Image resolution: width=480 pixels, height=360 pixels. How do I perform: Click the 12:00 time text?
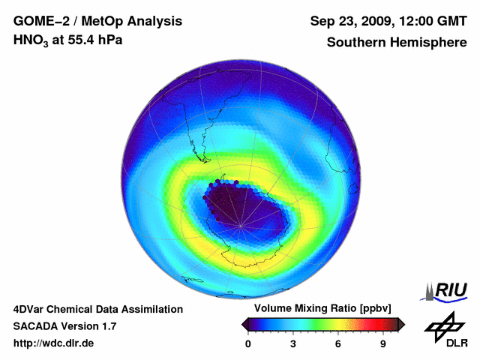pyautogui.click(x=412, y=22)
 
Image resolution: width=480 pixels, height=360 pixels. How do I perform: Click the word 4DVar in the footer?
pyautogui.click(x=31, y=309)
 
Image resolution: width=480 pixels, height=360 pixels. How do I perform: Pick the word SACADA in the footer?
pyautogui.click(x=37, y=326)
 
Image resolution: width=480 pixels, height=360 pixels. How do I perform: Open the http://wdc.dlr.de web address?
pyautogui.click(x=54, y=343)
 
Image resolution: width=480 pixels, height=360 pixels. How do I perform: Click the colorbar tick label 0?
pyautogui.click(x=248, y=343)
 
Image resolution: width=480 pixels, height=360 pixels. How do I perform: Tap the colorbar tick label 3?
pyautogui.click(x=293, y=343)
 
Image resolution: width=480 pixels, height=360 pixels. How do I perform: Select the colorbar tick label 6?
pyautogui.click(x=338, y=343)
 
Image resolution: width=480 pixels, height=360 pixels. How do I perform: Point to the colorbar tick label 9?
pyautogui.click(x=382, y=343)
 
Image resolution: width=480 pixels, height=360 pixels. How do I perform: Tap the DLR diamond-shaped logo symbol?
pyautogui.click(x=442, y=325)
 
